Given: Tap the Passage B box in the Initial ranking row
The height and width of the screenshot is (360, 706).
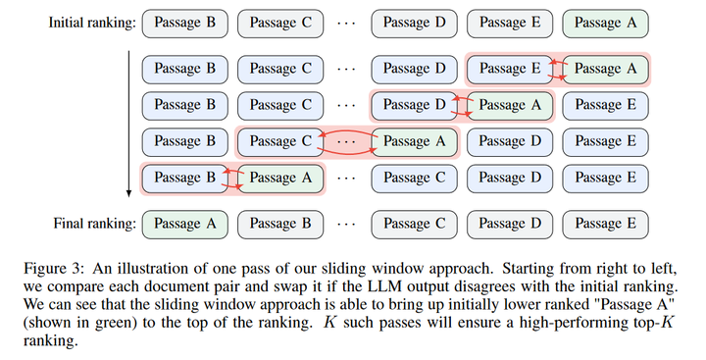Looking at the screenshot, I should pyautogui.click(x=184, y=21).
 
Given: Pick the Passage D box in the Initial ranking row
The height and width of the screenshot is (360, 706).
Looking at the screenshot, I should pyautogui.click(x=413, y=21).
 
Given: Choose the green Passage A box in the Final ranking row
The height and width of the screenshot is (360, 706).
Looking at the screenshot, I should pyautogui.click(x=184, y=224).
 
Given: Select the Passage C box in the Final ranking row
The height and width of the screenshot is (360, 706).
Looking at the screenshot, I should pyautogui.click(x=413, y=224).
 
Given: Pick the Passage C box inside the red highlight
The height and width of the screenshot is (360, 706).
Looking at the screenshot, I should pyautogui.click(x=279, y=141).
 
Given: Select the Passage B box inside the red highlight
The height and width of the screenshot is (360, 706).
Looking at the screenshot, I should pyautogui.click(x=184, y=178).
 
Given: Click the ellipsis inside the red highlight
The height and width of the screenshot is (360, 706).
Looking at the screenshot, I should pyautogui.click(x=346, y=141).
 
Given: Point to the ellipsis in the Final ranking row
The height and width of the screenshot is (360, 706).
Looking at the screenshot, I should pyautogui.click(x=346, y=224).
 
